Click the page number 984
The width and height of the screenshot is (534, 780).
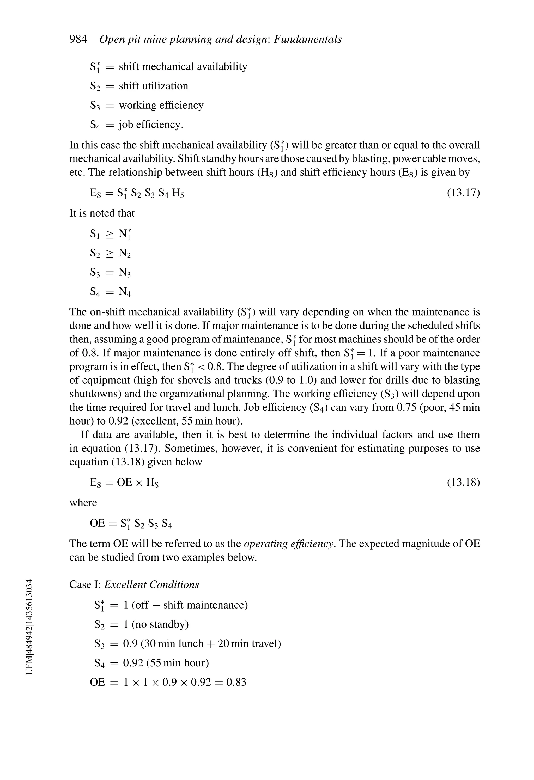tap(78, 39)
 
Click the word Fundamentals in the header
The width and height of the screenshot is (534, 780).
tap(308, 39)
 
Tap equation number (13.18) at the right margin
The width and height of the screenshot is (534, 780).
tap(463, 482)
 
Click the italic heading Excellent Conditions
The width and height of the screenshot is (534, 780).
tap(151, 585)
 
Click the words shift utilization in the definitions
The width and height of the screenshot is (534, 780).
tap(154, 86)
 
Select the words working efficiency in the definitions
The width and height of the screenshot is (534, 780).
tap(161, 105)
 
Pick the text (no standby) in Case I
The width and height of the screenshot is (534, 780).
tap(160, 624)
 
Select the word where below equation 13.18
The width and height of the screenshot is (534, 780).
tap(83, 503)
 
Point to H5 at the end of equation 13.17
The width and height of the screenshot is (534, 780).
tap(178, 193)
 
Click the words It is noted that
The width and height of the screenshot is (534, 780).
tap(102, 213)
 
